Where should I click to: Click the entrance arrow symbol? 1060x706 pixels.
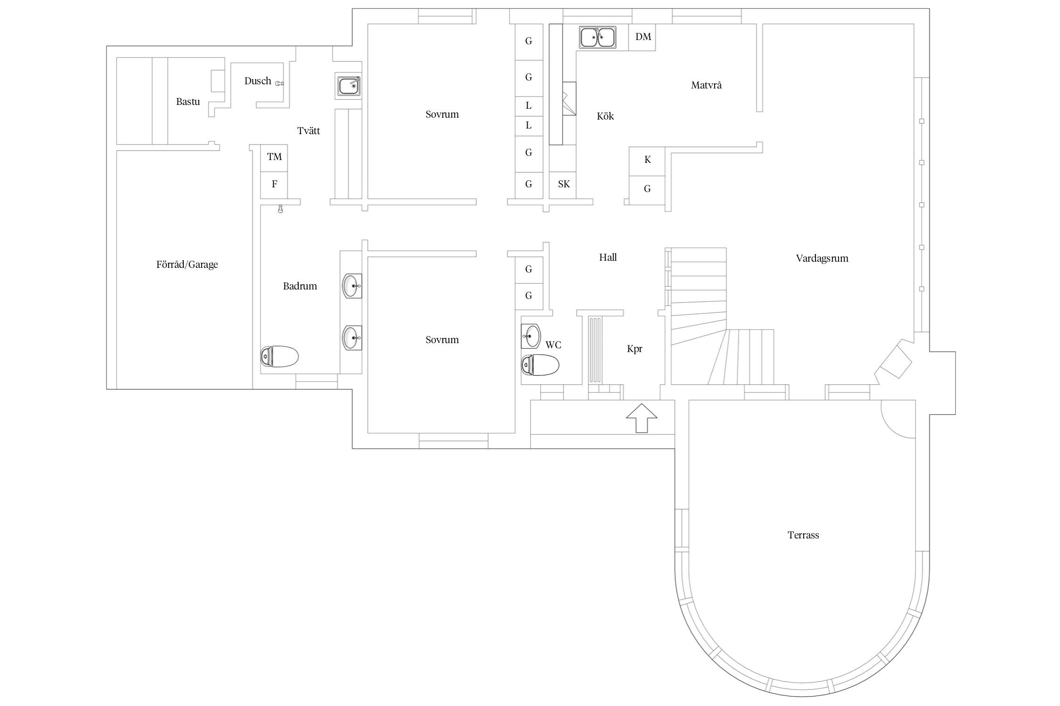point(641,417)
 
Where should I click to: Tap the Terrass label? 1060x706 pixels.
point(803,535)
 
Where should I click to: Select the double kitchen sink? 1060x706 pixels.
point(598,37)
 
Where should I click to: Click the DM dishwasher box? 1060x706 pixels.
point(642,37)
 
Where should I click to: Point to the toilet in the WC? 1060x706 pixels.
point(540,365)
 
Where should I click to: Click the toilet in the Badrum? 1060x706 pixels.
point(279,356)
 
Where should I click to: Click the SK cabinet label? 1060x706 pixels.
point(564,184)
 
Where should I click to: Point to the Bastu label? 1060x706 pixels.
point(188,102)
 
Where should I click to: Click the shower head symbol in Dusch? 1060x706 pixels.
point(279,83)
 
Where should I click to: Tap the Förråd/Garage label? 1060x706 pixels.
point(187,265)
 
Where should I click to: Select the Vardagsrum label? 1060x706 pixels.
point(822,258)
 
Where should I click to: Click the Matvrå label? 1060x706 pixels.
point(706,85)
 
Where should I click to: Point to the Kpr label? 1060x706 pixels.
point(635,349)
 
